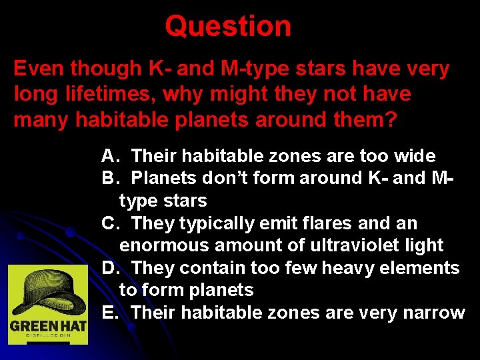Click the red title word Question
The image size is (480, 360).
click(228, 27)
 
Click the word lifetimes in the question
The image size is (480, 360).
click(115, 94)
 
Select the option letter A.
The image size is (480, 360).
click(109, 157)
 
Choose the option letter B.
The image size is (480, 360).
click(109, 179)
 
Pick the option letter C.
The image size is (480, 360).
click(109, 223)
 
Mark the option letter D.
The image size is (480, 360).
click(109, 268)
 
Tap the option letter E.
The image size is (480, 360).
click(109, 312)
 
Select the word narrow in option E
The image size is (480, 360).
click(433, 312)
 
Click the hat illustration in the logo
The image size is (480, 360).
click(48, 291)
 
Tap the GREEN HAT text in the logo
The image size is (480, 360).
click(47, 327)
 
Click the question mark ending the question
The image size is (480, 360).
click(391, 119)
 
